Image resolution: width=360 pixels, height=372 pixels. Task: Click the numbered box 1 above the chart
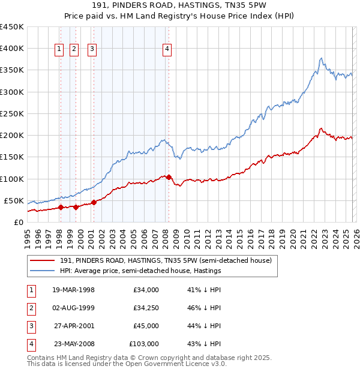pyautogui.click(x=60, y=50)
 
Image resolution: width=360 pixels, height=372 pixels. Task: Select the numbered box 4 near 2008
pyautogui.click(x=167, y=50)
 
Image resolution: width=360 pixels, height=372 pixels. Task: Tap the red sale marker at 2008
pyautogui.click(x=169, y=177)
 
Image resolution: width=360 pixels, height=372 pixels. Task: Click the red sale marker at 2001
pyautogui.click(x=94, y=202)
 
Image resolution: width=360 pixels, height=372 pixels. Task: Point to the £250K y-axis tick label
pyautogui.click(x=12, y=113)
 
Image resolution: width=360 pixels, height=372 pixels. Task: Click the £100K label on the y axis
pyautogui.click(x=12, y=179)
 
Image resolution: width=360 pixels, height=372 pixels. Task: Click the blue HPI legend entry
pyautogui.click(x=140, y=271)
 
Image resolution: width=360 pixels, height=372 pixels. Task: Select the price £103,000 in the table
pyautogui.click(x=143, y=344)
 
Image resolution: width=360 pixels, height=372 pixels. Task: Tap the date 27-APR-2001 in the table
pyautogui.click(x=73, y=326)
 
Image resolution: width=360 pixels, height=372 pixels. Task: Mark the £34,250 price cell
pyautogui.click(x=146, y=308)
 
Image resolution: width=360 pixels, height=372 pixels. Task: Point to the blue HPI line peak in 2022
pyautogui.click(x=322, y=58)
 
